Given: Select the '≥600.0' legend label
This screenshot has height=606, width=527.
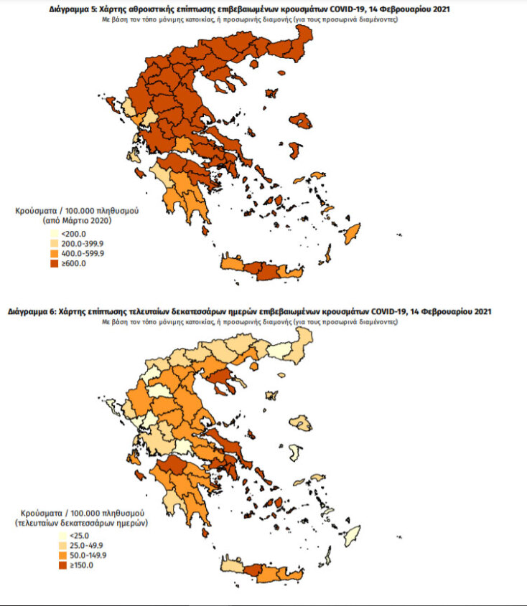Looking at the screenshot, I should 74,264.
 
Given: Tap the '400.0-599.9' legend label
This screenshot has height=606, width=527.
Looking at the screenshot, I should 83,254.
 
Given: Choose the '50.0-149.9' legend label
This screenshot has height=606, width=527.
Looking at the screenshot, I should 81,556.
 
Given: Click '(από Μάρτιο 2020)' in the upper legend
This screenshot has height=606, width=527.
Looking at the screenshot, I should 77,223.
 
